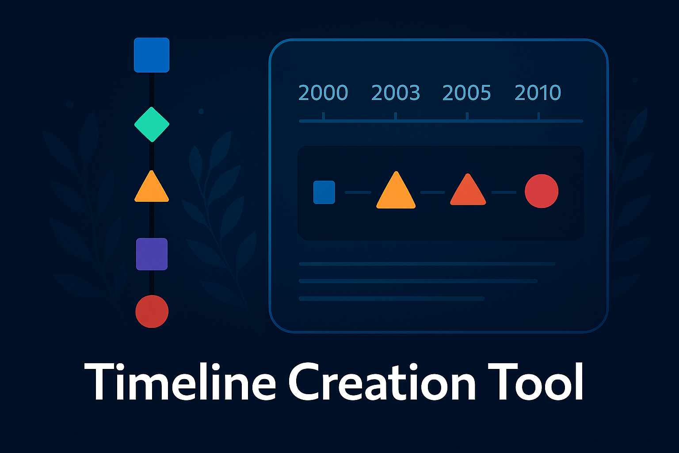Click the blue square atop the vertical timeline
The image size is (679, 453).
[x=152, y=55]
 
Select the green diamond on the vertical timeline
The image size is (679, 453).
[x=152, y=124]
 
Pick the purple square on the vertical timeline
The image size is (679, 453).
[x=152, y=254]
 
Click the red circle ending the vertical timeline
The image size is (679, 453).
[x=152, y=311]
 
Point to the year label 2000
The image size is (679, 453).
[x=323, y=93]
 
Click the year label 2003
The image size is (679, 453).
[x=396, y=93]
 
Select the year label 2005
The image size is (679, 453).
[x=467, y=93]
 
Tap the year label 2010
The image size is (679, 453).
[x=538, y=93]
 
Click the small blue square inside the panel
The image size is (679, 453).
[x=324, y=192]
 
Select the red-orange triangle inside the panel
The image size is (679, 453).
[x=468, y=192]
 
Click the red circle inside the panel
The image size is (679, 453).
[x=542, y=191]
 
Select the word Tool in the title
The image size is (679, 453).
[x=535, y=381]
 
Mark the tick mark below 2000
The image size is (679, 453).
[x=323, y=116]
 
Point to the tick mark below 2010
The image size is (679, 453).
[x=538, y=116]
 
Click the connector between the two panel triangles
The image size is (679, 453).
[x=432, y=192]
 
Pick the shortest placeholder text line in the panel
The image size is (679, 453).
[x=392, y=299]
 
